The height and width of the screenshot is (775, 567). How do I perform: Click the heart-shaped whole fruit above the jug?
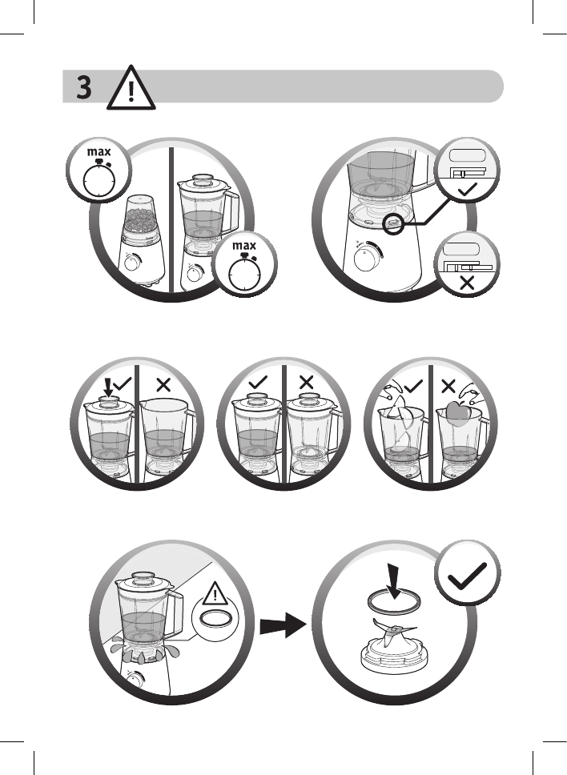point(456,412)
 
